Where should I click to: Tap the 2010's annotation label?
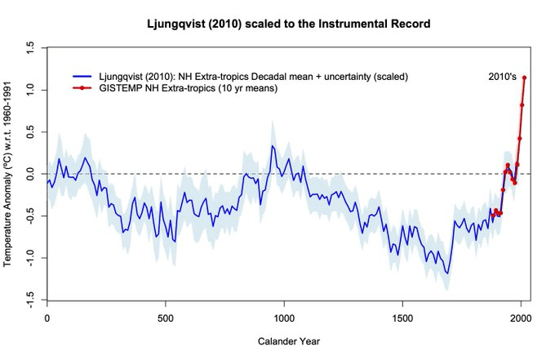pyautogui.click(x=502, y=76)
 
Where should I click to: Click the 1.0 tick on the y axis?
pyautogui.click(x=30, y=90)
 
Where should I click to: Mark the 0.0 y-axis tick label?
pyautogui.click(x=30, y=174)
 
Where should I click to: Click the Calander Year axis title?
pyautogui.click(x=283, y=340)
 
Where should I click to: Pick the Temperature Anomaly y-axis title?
pyautogui.click(x=9, y=174)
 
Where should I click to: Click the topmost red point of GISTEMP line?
pyautogui.click(x=524, y=78)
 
